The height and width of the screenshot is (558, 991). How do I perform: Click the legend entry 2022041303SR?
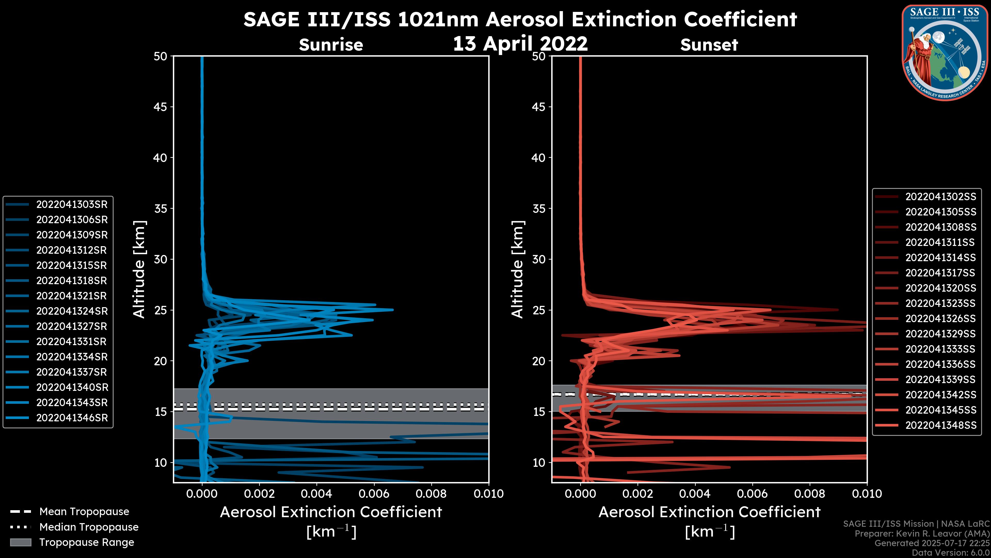(71, 205)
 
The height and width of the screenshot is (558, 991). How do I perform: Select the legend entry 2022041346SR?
(71, 418)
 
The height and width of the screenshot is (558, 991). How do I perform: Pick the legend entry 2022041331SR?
(71, 342)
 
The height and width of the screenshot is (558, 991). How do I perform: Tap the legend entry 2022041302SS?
(940, 197)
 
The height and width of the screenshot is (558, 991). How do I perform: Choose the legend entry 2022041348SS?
(940, 425)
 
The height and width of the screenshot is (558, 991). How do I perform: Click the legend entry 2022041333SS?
(940, 349)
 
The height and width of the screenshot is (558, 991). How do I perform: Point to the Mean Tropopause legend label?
(84, 512)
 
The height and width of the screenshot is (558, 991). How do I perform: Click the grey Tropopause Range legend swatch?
(20, 542)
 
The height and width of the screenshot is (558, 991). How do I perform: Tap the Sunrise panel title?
(331, 45)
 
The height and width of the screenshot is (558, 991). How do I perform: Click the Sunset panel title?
(709, 45)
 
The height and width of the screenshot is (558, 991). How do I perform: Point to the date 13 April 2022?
(520, 43)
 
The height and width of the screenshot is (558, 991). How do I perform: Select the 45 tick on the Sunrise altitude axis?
(161, 107)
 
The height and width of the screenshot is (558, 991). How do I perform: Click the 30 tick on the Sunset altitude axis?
(539, 259)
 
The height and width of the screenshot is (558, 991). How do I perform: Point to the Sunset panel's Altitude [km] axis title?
(517, 269)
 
